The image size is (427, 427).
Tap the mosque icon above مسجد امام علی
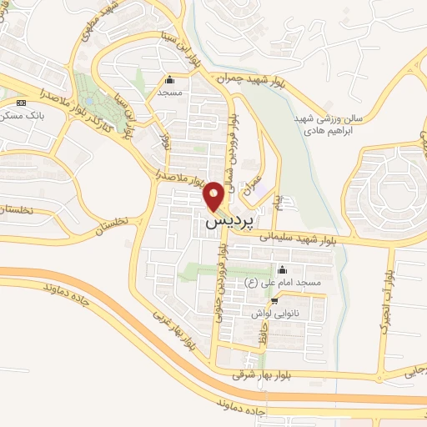click(281, 270)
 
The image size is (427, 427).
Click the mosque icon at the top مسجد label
click(171, 80)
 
